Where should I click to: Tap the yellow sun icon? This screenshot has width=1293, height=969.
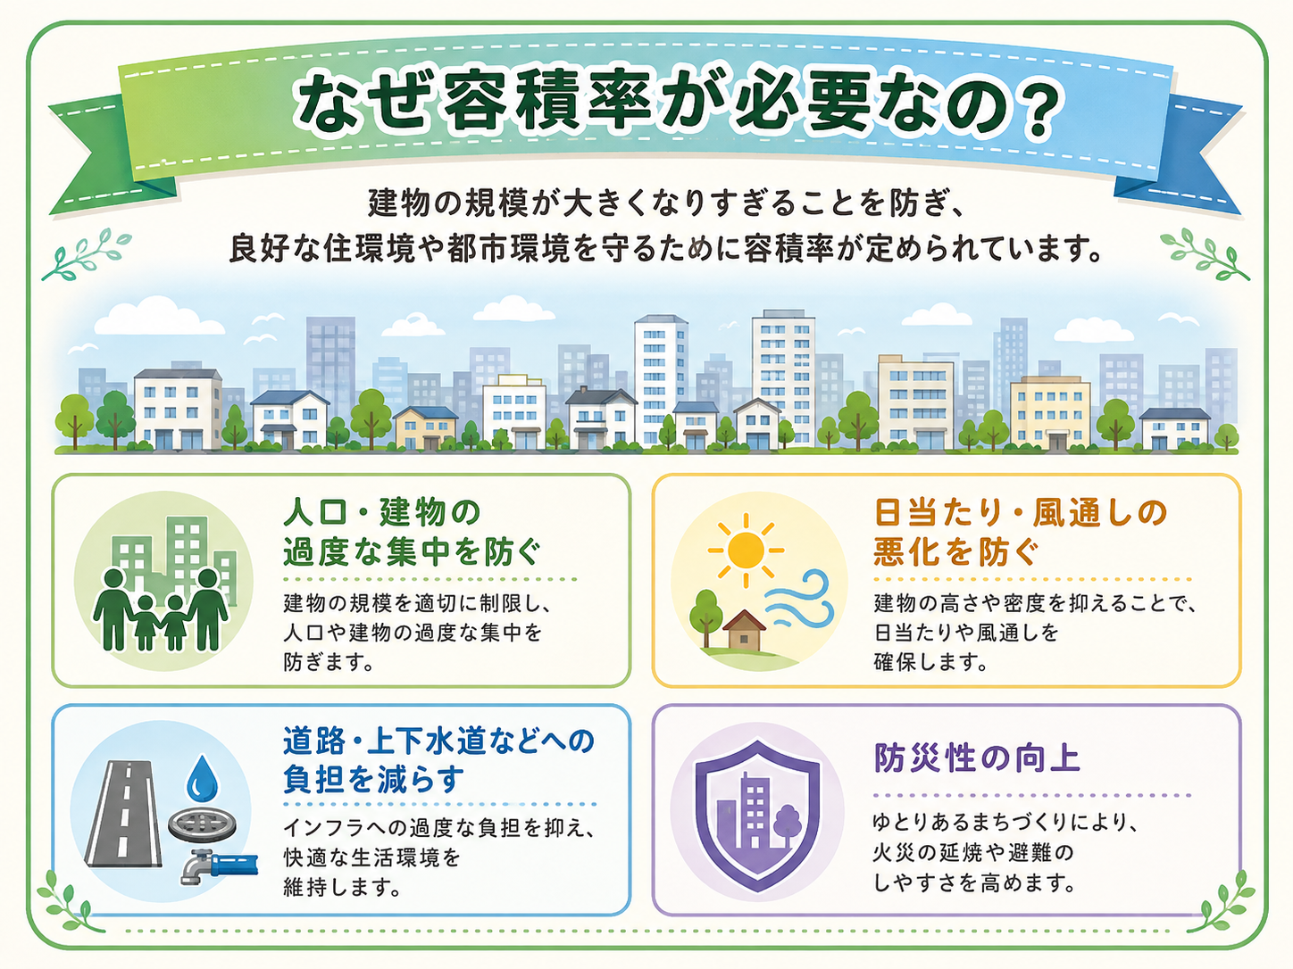click(x=746, y=551)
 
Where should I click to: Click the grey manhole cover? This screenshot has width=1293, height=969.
click(x=202, y=825)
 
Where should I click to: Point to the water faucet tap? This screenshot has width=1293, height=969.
click(x=219, y=865)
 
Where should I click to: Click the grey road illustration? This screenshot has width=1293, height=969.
click(x=125, y=814)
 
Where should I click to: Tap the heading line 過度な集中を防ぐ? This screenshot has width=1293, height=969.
click(x=411, y=551)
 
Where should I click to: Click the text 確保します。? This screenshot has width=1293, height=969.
click(x=930, y=662)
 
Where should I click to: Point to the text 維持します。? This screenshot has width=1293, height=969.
click(x=342, y=887)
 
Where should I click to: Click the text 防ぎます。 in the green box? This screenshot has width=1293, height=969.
click(x=329, y=662)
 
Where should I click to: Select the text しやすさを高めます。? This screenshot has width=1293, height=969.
click(x=975, y=882)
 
